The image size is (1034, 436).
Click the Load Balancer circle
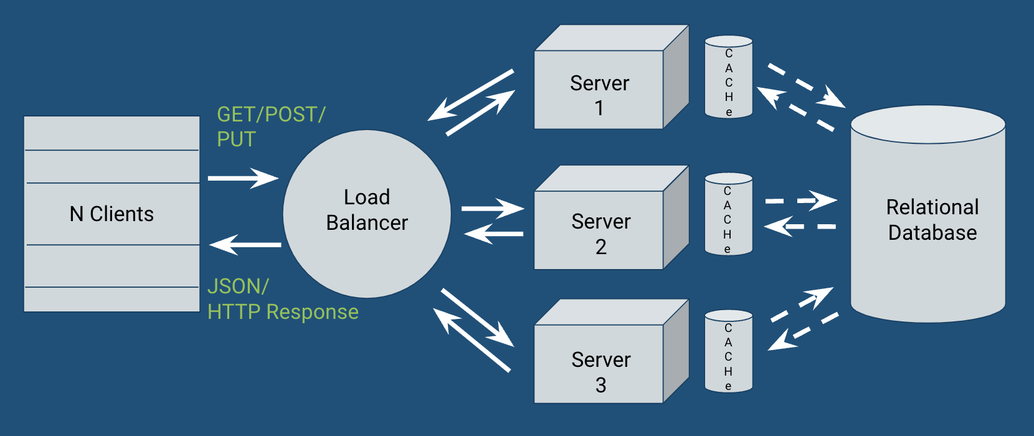367,214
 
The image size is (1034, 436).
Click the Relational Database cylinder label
932,219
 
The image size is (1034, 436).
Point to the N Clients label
111,214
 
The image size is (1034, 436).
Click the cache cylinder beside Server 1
728,77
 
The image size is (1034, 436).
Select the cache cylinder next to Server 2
728,214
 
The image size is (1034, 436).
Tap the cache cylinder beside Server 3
728,351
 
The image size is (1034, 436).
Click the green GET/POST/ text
271,115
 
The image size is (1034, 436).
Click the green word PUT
236,140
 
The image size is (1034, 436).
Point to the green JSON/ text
237,287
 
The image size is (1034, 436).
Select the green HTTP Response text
283,312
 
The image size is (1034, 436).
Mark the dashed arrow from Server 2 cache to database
800,201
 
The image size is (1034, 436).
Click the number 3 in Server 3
600,385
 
